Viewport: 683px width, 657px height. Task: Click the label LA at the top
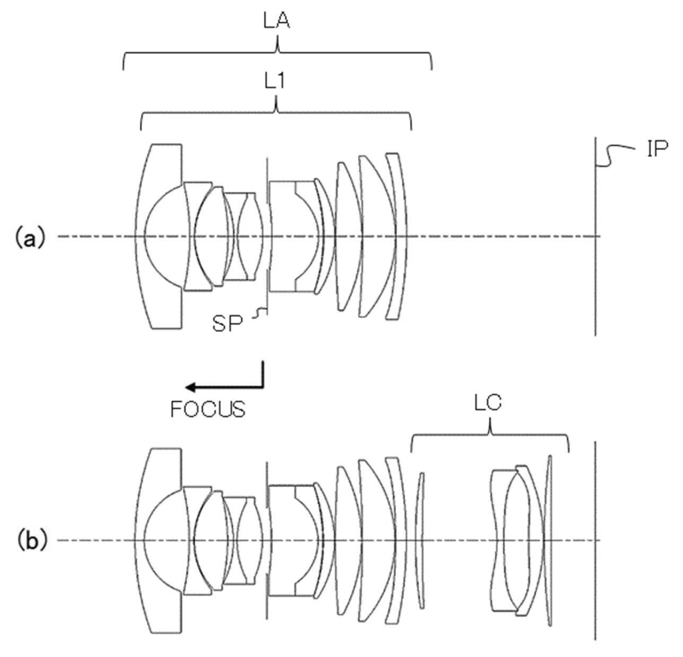pos(277,23)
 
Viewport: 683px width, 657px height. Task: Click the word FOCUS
pos(208,409)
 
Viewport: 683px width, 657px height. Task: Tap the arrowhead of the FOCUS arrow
pos(194,387)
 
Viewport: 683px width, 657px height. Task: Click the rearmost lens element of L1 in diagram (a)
pos(398,236)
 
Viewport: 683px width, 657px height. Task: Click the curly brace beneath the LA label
pos(277,55)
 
